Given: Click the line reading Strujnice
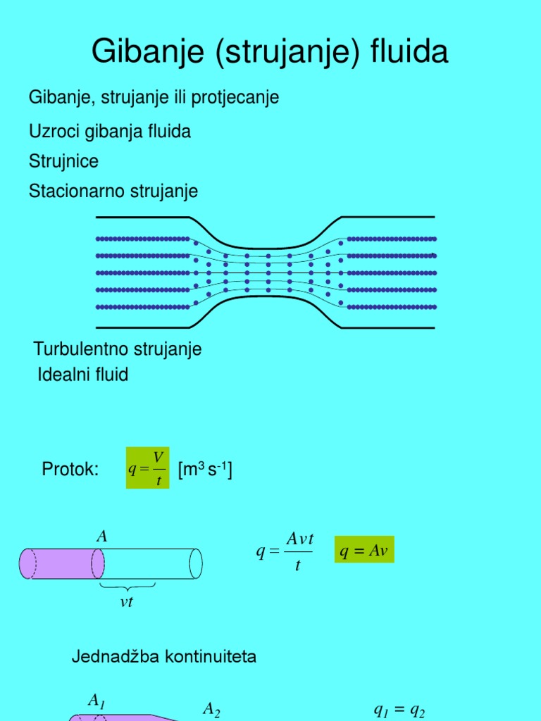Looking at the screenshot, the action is pos(63,161).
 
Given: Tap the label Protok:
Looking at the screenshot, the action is pos(70,469).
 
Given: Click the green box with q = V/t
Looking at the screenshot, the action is pos(148,468).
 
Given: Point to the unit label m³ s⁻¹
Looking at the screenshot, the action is pos(205,470).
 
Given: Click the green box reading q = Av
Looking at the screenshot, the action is pos(364,549).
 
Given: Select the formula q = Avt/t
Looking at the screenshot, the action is pos(285,551).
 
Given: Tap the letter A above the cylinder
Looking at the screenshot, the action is pos(101,537).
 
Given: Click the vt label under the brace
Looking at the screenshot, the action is pos(127,602).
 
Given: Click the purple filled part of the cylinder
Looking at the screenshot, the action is pos(62,564).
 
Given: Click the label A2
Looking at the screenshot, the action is pos(211,709).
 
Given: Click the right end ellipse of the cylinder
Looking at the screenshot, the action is pos(196,564).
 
